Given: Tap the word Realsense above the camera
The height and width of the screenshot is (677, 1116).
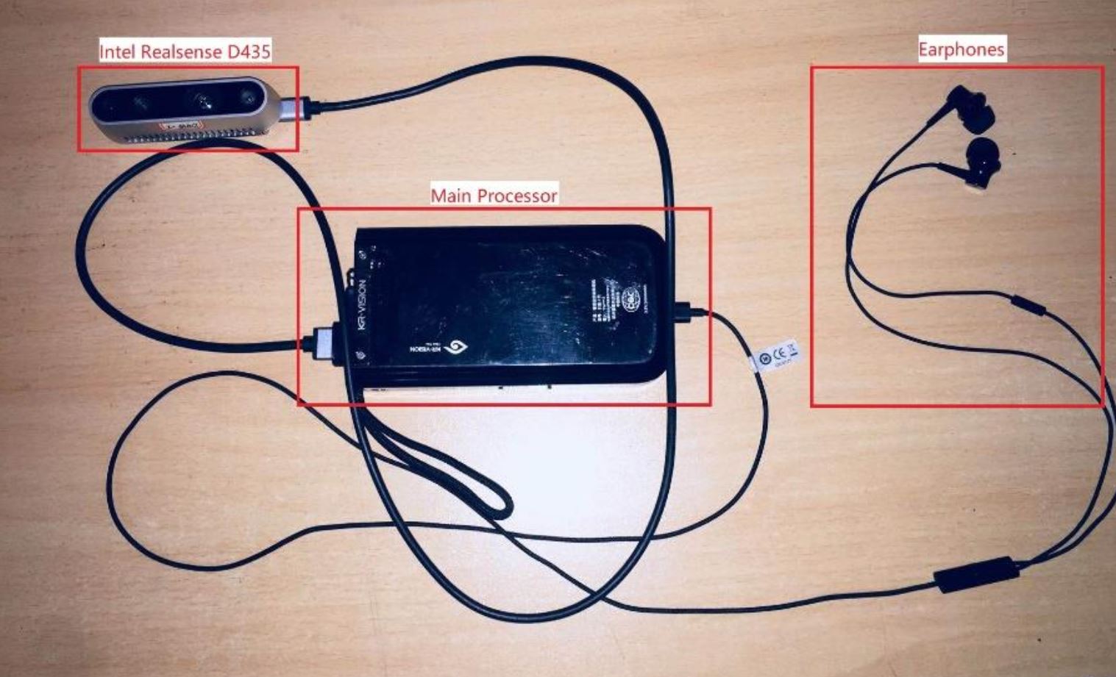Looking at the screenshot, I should click(x=184, y=51).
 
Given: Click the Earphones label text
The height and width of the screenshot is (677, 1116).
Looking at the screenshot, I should click(x=961, y=49).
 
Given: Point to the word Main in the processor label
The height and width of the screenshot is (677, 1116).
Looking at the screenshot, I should click(x=451, y=196).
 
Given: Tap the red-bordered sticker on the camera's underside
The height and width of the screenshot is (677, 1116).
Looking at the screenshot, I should click(x=182, y=126).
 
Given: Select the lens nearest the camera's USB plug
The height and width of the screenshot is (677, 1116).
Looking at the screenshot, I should click(x=248, y=99).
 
